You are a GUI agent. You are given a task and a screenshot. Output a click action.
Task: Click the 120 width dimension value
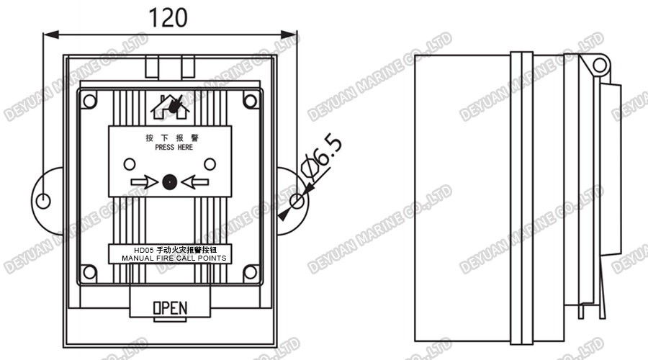pos(170,17)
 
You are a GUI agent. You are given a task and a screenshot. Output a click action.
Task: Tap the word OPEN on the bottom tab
pos(170,308)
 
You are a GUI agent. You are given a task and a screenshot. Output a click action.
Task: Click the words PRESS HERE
pos(174,147)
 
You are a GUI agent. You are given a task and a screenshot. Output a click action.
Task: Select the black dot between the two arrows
pos(170,182)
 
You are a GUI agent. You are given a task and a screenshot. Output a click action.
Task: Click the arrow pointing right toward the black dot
pos(144,182)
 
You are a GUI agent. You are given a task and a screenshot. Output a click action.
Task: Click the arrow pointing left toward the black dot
pos(195,182)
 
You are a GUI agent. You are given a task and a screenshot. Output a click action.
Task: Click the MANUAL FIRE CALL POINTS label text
pos(174,258)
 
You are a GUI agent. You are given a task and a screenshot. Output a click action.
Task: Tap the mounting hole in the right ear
pos(297,198)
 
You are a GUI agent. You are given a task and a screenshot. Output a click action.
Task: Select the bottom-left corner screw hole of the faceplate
pos(89,272)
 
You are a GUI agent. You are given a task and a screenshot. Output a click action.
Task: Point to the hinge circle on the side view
pos(598,66)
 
